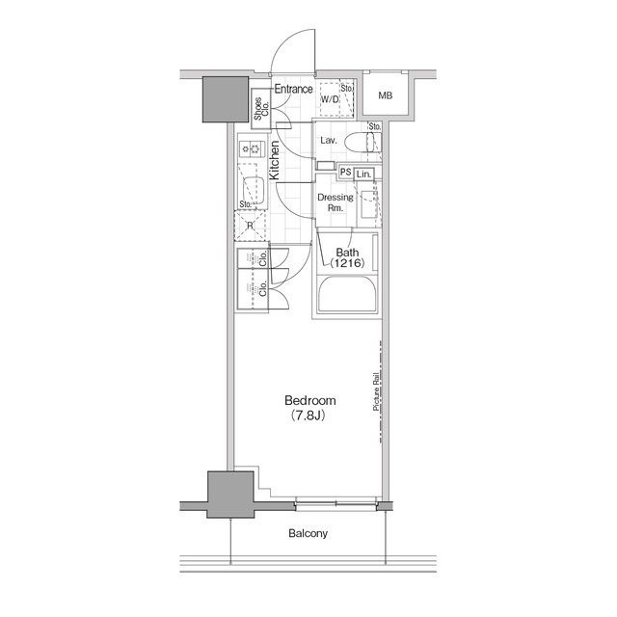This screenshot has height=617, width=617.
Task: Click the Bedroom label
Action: pos(310,401)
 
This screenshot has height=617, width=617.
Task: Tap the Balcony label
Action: pos(308,533)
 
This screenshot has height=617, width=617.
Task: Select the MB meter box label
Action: pos(386,95)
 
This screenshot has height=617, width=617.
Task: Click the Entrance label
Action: pos(293,89)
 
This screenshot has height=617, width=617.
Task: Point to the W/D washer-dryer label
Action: pos(330,99)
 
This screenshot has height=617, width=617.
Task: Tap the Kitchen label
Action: pos(274,161)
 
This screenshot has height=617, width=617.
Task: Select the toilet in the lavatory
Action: pos(362,142)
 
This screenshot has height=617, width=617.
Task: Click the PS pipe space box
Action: pos(345,172)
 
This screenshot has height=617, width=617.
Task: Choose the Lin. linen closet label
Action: pos(363,174)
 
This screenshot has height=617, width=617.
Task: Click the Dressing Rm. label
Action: pos(335,202)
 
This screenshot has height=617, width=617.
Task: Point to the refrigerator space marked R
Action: pos(250,227)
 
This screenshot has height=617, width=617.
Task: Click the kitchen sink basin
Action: pos(254,191)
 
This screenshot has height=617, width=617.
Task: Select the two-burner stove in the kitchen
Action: pos(251,148)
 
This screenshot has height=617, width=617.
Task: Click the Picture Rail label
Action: pos(376,392)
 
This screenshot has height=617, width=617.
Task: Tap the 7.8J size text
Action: pos(308,416)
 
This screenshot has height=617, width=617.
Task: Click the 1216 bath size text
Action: pos(347,263)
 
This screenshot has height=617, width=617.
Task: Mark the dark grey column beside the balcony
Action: pos(230,495)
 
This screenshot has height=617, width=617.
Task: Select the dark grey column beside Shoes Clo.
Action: pos(226,99)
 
